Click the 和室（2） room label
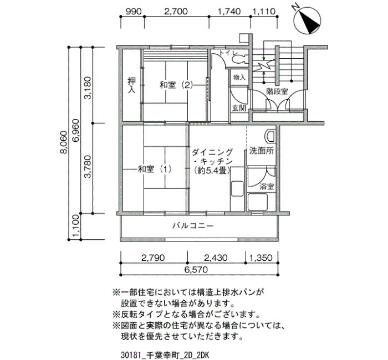coord(176,85)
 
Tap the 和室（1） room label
coord(155,169)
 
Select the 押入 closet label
coord(131,85)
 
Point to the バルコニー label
coord(193,226)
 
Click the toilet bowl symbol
coord(238,59)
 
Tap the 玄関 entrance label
coord(238,108)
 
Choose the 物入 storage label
coord(239,78)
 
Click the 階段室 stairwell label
coord(277,91)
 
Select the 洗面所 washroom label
coord(262,151)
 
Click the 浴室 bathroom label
coord(267,187)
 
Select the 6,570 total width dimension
coord(196,269)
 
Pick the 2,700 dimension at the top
coord(176,12)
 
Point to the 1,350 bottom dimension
coord(261,258)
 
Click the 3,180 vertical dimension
coord(88,88)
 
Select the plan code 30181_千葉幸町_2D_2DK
coord(165,356)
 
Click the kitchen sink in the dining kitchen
coord(237,189)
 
